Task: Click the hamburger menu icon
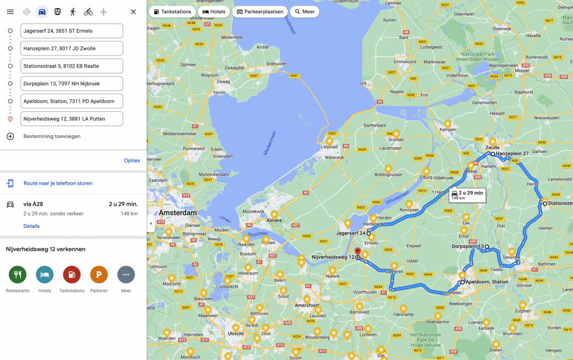click(10, 11)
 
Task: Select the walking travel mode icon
click(73, 11)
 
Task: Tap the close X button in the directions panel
click(133, 11)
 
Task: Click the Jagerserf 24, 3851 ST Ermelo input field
click(72, 31)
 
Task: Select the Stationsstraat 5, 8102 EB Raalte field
click(72, 66)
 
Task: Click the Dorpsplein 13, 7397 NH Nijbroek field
click(72, 84)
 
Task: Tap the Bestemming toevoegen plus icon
click(10, 136)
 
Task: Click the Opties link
click(132, 161)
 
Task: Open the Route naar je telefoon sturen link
click(58, 183)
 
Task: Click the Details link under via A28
click(32, 226)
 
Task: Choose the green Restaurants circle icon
click(18, 275)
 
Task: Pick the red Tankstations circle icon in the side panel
click(72, 275)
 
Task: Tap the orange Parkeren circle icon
click(99, 275)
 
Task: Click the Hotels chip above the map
click(214, 11)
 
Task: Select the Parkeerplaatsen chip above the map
click(260, 11)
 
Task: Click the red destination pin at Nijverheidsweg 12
click(358, 253)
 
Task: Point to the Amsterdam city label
click(178, 213)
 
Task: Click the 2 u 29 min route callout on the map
click(467, 194)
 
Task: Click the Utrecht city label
click(236, 333)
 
